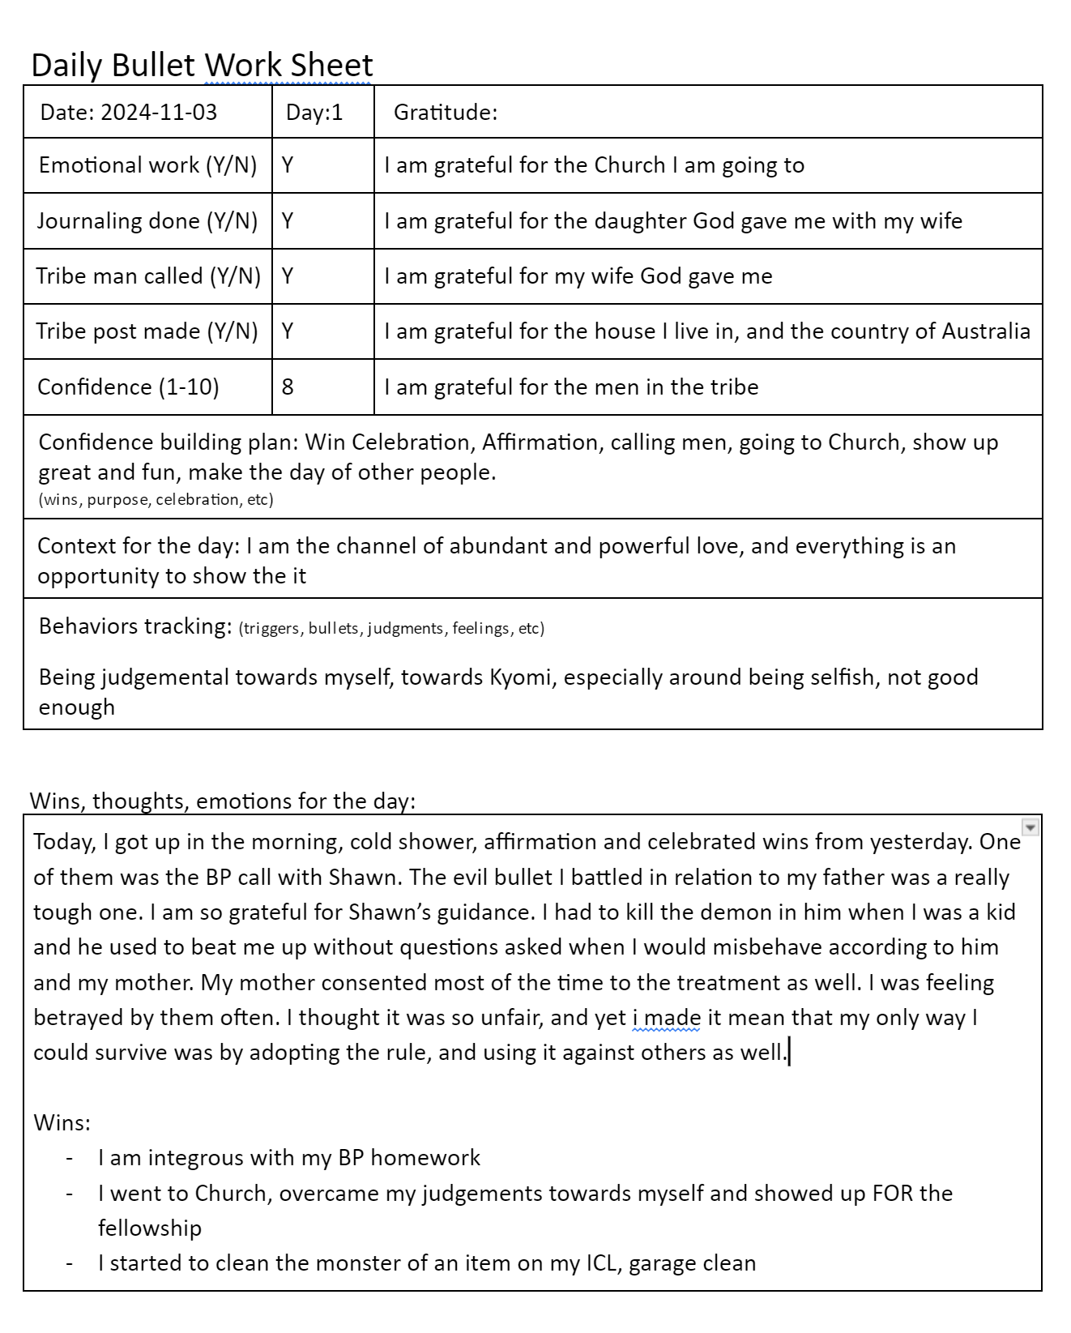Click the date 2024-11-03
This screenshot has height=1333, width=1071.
(x=159, y=112)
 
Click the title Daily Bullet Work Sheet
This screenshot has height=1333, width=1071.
(x=202, y=65)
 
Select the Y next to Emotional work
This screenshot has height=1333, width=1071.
(x=288, y=165)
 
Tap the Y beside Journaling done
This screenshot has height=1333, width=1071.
(x=288, y=220)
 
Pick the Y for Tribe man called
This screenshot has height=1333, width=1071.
(x=288, y=276)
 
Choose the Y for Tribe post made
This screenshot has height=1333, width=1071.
(x=288, y=331)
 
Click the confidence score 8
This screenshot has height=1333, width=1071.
(x=288, y=387)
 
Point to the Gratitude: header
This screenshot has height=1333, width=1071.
(x=446, y=112)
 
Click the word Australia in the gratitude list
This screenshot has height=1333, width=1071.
(x=985, y=331)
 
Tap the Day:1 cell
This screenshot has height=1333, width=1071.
(x=314, y=112)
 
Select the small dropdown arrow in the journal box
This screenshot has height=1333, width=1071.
(x=1030, y=827)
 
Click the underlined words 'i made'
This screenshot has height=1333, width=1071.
(x=666, y=1017)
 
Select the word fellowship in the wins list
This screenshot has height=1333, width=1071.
(x=150, y=1228)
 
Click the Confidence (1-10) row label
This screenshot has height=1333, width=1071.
(x=128, y=387)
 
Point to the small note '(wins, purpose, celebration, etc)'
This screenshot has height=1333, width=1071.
(x=156, y=499)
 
